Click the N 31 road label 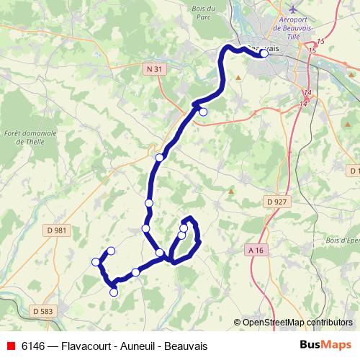[150, 68]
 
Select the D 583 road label [43, 310]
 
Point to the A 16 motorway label [256, 250]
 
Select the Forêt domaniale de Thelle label [30, 138]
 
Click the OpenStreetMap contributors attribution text [292, 322]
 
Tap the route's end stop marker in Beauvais [264, 53]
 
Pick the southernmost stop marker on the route [113, 292]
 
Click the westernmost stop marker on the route [96, 261]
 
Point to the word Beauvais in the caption [192, 345]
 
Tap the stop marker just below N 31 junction [203, 112]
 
